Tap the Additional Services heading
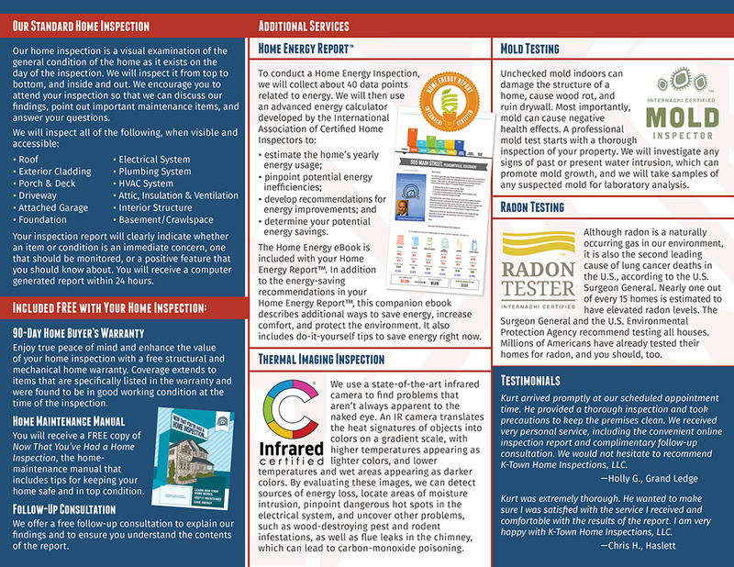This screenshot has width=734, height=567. (x=304, y=26)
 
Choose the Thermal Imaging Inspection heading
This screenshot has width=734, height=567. (x=321, y=358)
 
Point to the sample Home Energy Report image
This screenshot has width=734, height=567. (x=425, y=206)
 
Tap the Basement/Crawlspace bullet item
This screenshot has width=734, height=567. (x=166, y=219)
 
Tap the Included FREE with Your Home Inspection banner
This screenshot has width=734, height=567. (x=110, y=306)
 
